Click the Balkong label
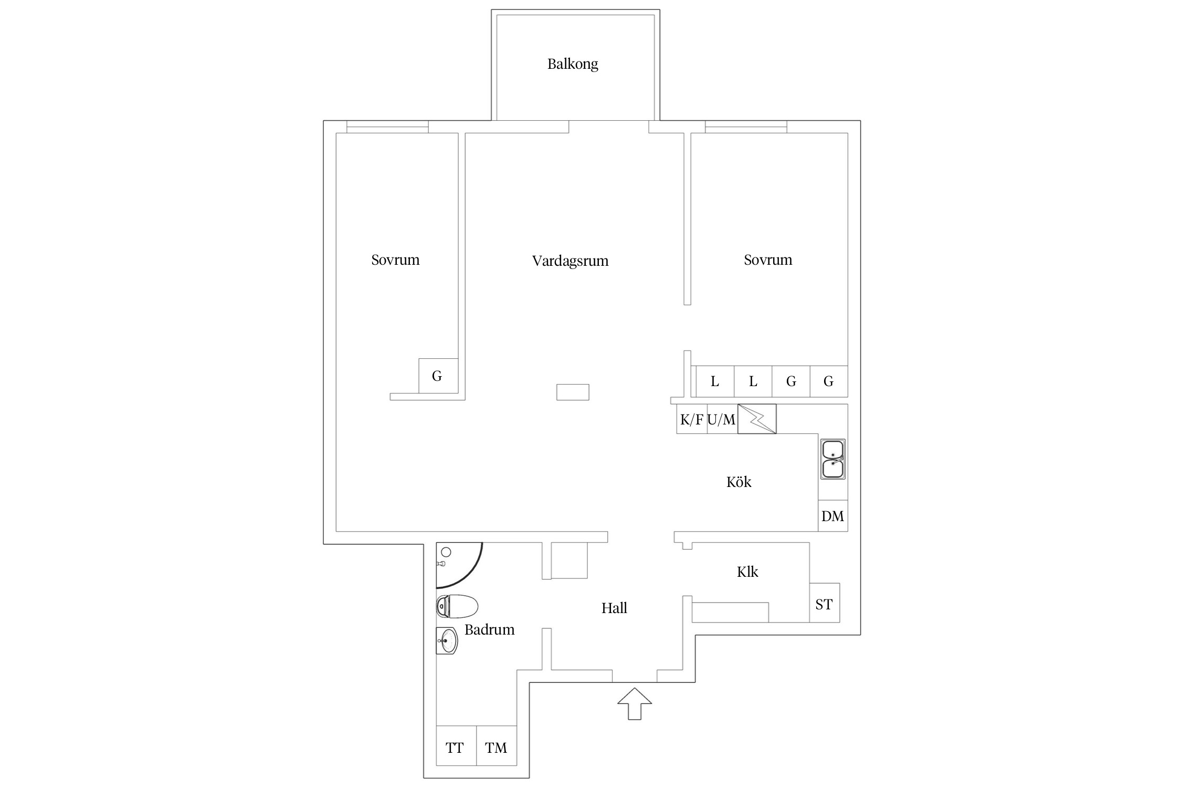[573, 64]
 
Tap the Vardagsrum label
[570, 261]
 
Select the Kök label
[739, 482]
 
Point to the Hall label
[614, 608]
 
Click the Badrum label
[489, 630]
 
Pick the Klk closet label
[747, 572]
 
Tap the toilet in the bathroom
[457, 607]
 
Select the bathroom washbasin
[447, 641]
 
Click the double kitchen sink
[833, 459]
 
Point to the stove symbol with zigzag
[757, 419]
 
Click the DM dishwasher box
[832, 516]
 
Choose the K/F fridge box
[692, 419]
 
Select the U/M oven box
[722, 419]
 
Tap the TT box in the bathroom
[455, 748]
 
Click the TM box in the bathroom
[496, 748]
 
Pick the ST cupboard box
[824, 605]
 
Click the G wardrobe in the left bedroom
[438, 376]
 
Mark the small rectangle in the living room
[573, 392]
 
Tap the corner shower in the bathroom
[454, 562]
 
